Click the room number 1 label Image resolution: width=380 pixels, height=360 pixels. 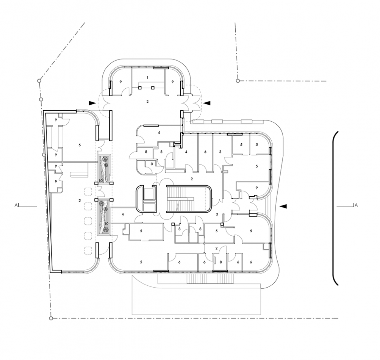pyautogui.click(x=147, y=78)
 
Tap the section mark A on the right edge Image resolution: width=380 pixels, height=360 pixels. pyautogui.click(x=356, y=206)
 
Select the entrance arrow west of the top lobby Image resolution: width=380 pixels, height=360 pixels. pyautogui.click(x=93, y=103)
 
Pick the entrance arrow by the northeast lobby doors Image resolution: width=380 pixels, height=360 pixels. pyautogui.click(x=207, y=103)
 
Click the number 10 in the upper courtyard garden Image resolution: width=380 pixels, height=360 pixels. pyautogui.click(x=101, y=180)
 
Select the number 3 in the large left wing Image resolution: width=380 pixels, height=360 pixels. pyautogui.click(x=80, y=200)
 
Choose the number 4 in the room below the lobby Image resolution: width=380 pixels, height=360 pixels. pyautogui.click(x=159, y=133)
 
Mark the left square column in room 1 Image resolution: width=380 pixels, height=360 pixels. pyautogui.click(x=140, y=87)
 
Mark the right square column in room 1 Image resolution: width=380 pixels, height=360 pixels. pyautogui.click(x=153, y=87)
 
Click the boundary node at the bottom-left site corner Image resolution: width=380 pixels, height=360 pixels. pyautogui.click(x=51, y=318)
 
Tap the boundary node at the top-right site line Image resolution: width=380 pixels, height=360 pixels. pyautogui.click(x=238, y=80)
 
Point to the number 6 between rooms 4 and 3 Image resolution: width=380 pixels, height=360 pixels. pyautogui.click(x=205, y=152)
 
